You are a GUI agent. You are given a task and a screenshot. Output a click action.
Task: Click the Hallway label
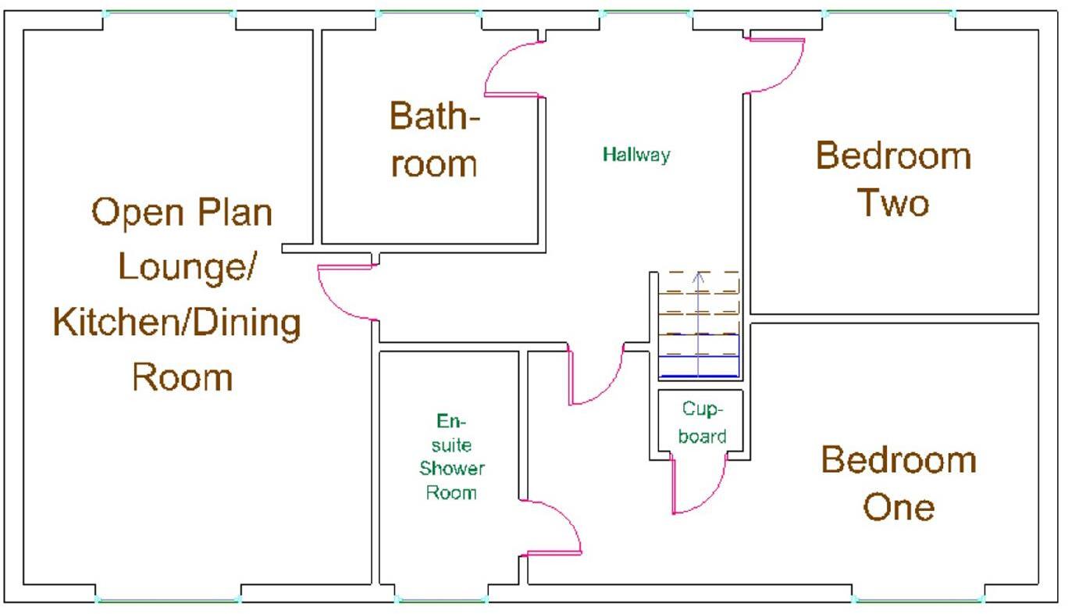pyautogui.click(x=636, y=155)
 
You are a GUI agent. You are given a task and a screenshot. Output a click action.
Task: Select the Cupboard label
pyautogui.click(x=702, y=423)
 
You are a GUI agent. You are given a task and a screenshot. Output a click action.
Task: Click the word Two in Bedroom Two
pyautogui.click(x=893, y=203)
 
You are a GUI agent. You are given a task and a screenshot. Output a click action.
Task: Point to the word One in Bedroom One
pyautogui.click(x=899, y=507)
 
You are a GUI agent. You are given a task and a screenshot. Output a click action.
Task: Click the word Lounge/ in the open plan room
pyautogui.click(x=187, y=266)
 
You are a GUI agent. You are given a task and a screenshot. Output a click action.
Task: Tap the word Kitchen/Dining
pyautogui.click(x=177, y=323)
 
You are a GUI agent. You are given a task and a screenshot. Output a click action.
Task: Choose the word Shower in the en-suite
pyautogui.click(x=451, y=469)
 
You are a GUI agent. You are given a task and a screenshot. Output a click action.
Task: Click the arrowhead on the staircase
pyautogui.click(x=699, y=277)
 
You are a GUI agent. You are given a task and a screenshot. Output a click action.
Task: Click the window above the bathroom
pyautogui.click(x=429, y=12)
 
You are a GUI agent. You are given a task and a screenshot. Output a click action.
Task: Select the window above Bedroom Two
pyautogui.click(x=888, y=12)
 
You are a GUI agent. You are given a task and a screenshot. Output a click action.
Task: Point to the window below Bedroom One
pyautogui.click(x=918, y=599)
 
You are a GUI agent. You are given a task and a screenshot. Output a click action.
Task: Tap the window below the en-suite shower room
pyautogui.click(x=441, y=599)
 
